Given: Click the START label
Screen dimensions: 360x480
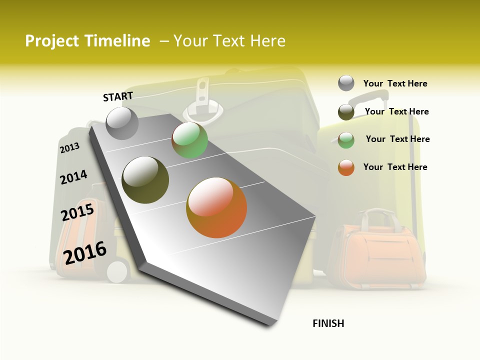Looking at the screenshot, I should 118,96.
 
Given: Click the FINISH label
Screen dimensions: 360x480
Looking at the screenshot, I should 328,323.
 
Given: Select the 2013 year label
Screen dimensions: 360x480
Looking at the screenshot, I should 69,148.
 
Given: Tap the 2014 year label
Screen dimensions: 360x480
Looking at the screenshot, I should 73,177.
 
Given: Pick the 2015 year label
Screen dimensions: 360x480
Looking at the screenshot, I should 77,212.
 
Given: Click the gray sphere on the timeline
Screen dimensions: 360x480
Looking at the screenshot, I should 122,123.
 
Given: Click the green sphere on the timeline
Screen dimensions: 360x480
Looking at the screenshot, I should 189,140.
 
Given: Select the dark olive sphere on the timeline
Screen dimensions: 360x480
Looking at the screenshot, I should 145,180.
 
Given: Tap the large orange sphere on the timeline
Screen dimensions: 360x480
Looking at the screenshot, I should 216,207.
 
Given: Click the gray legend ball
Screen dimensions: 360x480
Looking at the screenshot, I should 346,83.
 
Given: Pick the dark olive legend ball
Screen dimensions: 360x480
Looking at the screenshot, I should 346,112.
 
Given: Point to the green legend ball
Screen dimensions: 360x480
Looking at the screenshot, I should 346,140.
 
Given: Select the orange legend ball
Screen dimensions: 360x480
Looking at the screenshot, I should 346,167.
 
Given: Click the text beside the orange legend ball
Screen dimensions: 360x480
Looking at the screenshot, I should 395,167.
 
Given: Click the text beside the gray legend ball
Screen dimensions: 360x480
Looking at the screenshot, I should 395,83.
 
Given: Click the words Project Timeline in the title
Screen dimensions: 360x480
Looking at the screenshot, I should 87,41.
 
